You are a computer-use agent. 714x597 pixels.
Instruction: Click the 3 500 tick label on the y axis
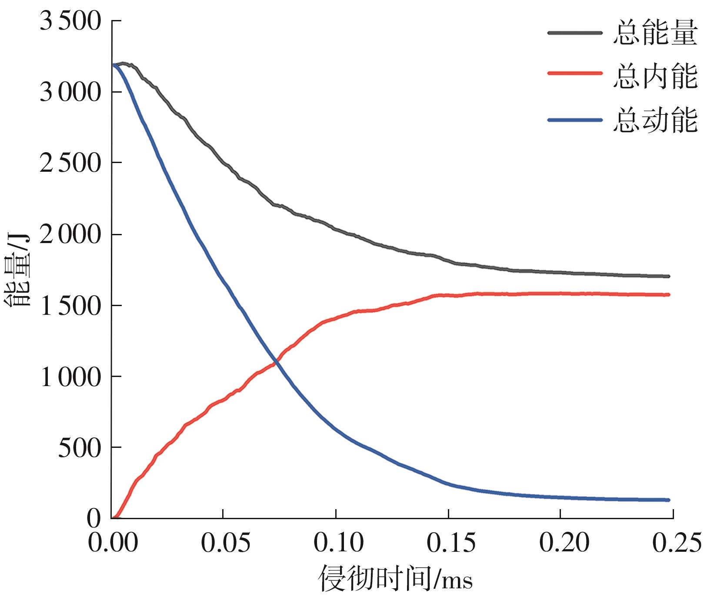(x=70, y=21)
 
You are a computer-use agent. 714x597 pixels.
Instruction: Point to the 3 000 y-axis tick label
(x=70, y=92)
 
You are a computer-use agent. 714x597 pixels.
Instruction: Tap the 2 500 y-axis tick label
(x=70, y=163)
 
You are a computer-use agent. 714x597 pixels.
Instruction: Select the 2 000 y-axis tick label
(x=70, y=234)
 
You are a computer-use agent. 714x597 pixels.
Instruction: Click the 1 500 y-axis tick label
(x=70, y=306)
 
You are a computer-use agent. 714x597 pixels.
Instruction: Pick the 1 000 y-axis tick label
(x=70, y=377)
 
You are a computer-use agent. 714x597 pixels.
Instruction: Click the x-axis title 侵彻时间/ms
(x=396, y=578)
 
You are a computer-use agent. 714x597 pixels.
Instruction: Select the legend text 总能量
(x=655, y=33)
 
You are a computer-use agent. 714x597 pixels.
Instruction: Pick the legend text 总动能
(x=655, y=120)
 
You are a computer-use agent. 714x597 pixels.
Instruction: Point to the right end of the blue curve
(x=668, y=500)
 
